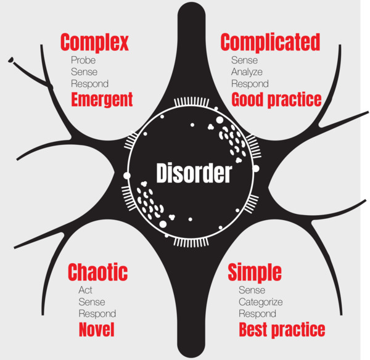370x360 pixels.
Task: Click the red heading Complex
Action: click(x=94, y=43)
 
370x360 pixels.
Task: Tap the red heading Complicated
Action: click(x=270, y=43)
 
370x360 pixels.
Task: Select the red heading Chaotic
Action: click(x=97, y=272)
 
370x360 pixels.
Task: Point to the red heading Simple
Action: click(x=255, y=272)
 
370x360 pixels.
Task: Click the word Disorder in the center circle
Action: click(x=193, y=173)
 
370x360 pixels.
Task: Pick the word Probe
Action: click(x=83, y=60)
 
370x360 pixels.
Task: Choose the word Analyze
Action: click(x=247, y=72)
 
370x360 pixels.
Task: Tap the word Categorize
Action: click(x=261, y=302)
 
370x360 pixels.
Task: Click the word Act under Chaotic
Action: click(x=86, y=290)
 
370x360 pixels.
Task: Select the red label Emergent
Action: click(x=102, y=99)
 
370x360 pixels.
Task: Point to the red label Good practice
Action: click(x=276, y=99)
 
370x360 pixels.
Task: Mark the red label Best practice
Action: click(x=281, y=329)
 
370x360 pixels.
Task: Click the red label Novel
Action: click(x=97, y=330)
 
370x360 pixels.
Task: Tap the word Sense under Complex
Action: click(x=84, y=72)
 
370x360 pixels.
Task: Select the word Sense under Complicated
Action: click(x=244, y=60)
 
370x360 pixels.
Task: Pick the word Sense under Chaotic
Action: click(x=92, y=302)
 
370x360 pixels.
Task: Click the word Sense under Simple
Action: click(x=252, y=290)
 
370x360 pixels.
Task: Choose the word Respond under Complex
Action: click(x=89, y=84)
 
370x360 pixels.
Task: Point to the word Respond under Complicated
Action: click(x=250, y=84)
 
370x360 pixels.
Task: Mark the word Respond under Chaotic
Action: click(x=97, y=314)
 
